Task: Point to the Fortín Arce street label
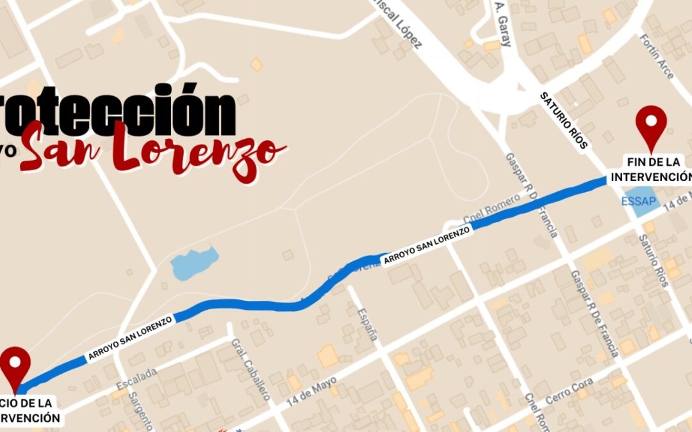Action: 656,56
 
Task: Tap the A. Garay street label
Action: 502,24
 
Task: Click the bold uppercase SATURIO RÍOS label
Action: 564,120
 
